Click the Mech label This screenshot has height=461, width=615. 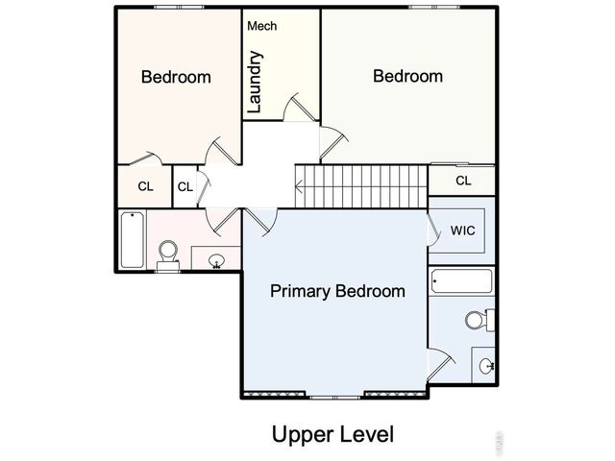[262, 26]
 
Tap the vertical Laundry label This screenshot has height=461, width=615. [256, 85]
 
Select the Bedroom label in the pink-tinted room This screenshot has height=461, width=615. [176, 77]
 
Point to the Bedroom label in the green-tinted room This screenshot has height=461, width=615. [407, 76]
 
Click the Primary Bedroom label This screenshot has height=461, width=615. [337, 291]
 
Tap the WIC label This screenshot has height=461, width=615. [463, 231]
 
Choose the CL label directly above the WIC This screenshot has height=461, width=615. [463, 181]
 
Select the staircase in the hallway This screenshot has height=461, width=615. [360, 184]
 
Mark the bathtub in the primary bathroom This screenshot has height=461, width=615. [462, 282]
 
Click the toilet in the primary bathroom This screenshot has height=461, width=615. [476, 320]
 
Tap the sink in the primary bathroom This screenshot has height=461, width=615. [486, 365]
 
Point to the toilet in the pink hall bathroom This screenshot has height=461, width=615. [168, 255]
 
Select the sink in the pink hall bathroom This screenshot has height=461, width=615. [216, 259]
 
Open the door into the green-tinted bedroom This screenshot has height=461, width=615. [331, 144]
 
